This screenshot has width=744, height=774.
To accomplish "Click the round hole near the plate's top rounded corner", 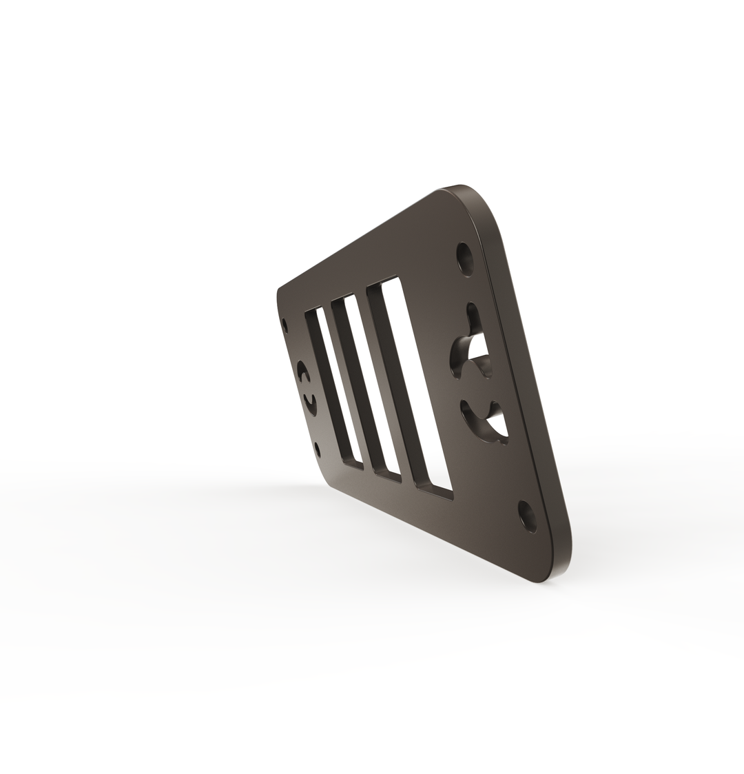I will click(466, 257).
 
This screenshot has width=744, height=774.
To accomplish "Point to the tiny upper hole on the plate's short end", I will click(285, 323).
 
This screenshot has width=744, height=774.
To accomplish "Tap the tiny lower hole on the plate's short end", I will click(318, 450).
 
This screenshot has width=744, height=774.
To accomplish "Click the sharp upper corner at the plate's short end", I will click(279, 289).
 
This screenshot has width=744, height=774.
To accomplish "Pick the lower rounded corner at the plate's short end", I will click(329, 485).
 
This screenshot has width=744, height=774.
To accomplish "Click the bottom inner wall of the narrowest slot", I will click(353, 465).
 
